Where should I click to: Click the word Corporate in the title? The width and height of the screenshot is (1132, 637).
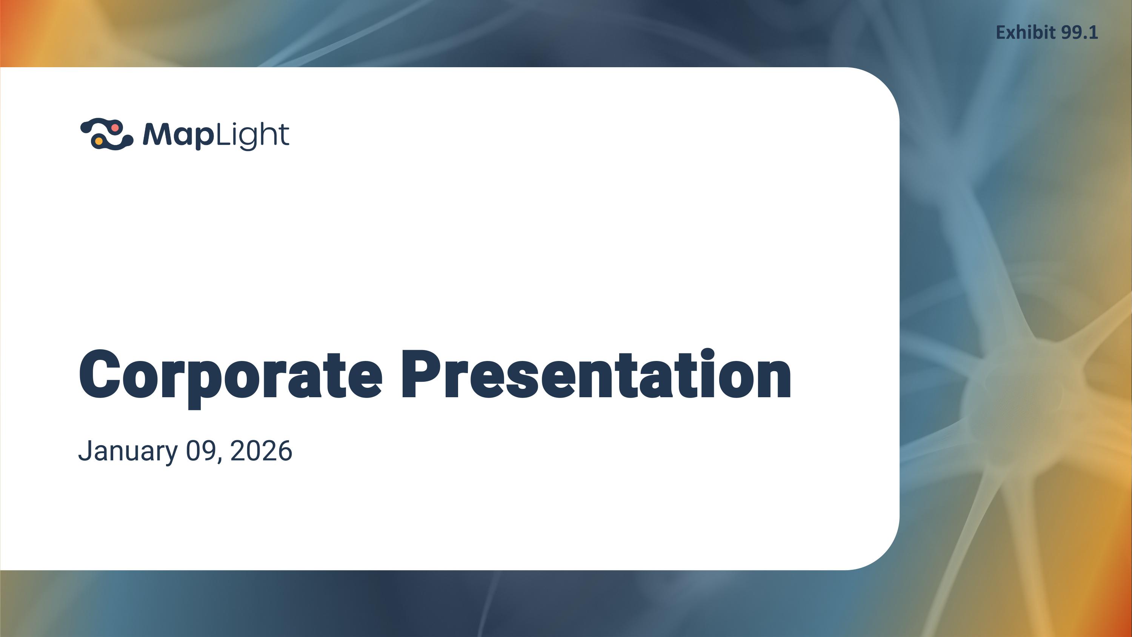coord(230,375)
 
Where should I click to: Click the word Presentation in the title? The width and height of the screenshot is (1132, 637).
coord(596,375)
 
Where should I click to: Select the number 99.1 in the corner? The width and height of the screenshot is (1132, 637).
coord(1079,32)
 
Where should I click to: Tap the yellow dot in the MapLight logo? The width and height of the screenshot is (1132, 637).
coord(99,141)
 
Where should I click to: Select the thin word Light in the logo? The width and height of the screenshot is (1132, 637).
coord(252,135)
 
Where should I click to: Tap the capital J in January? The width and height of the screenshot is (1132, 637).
coord(85,450)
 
